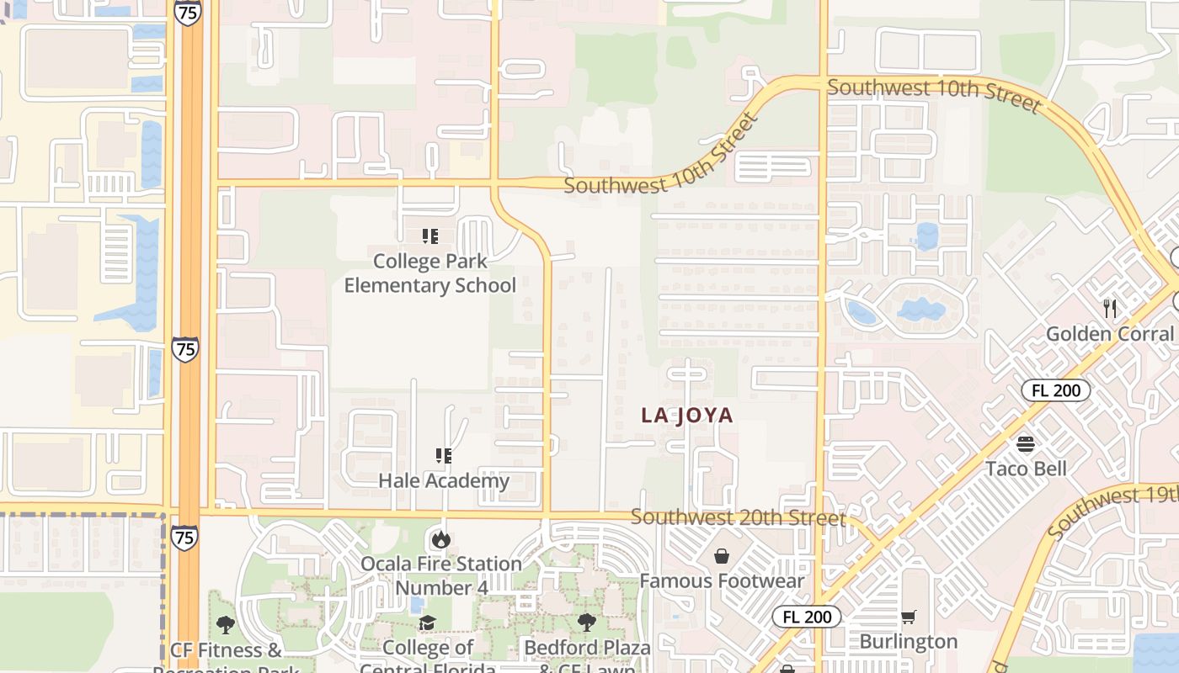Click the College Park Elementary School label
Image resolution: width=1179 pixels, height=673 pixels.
pos(429,273)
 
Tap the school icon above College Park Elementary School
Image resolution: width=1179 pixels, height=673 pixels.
pos(429,236)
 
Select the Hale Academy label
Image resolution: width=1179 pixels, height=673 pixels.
pos(444,481)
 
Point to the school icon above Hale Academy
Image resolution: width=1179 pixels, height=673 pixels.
pos(443,456)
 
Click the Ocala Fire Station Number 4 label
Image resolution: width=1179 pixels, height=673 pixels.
pos(441,575)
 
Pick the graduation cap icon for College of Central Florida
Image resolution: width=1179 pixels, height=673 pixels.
pos(428,623)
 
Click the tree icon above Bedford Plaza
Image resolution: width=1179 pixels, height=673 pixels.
pos(587,623)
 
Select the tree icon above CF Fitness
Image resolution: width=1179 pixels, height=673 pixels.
pos(225,624)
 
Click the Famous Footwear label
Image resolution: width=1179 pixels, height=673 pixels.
pos(722,580)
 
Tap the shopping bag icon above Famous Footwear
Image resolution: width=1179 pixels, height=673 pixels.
pos(722,556)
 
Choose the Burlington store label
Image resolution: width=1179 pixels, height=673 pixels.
pos(908,642)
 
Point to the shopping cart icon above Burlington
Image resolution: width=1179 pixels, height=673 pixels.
pos(908,617)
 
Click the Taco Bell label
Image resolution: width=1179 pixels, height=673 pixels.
pos(1026,469)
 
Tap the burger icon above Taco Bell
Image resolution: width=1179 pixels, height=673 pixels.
pos(1026,443)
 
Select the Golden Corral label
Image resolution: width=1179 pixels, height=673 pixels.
pos(1109,334)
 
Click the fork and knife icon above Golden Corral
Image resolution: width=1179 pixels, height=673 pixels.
pos(1109,309)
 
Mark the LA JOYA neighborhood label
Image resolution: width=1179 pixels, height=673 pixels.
pos(687,416)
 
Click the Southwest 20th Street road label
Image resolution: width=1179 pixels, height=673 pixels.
pos(738,517)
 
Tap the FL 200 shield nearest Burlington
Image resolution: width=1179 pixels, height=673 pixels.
pos(806,617)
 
